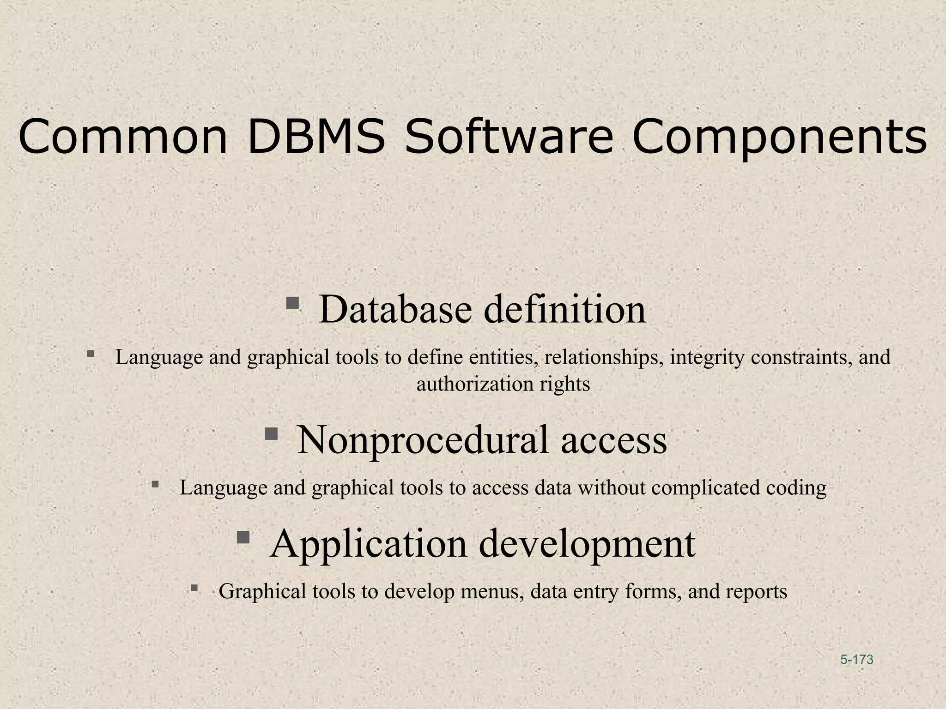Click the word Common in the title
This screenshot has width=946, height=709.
123,137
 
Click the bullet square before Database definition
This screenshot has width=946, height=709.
292,303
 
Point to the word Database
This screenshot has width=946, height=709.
395,309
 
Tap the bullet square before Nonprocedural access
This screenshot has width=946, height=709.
271,433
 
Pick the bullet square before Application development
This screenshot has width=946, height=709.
243,537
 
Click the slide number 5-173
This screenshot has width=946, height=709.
857,660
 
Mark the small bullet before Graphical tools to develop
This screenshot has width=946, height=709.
194,588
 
